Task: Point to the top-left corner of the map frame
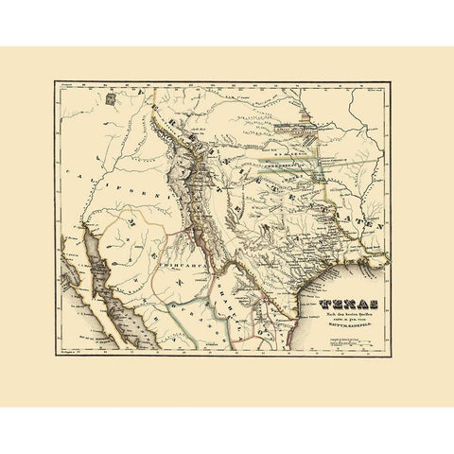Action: click(x=55, y=81)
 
